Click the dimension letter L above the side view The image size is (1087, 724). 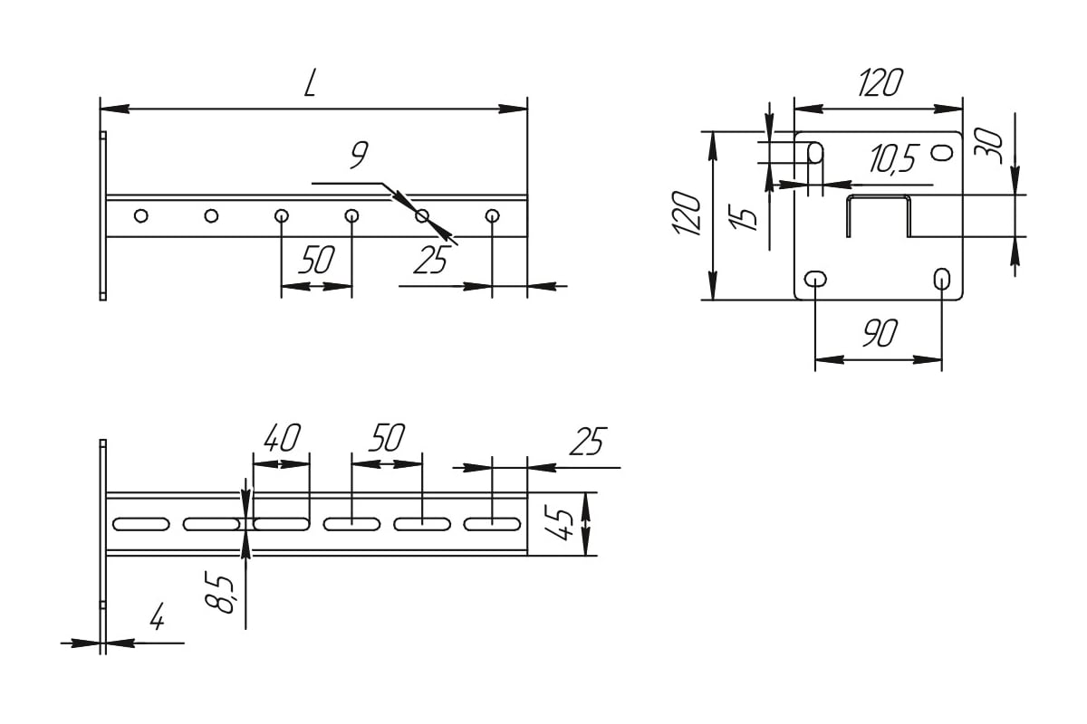point(311,84)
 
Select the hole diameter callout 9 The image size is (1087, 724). point(359,157)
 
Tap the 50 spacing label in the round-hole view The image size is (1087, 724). point(316,261)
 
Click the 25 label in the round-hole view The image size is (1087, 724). point(430,261)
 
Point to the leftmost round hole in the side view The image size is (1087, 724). point(140,215)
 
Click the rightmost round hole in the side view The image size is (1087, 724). point(493,215)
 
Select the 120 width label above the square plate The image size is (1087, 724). point(880,84)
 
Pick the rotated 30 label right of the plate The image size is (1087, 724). point(990,145)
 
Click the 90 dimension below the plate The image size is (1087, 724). point(879,334)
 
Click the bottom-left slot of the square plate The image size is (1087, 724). point(816,279)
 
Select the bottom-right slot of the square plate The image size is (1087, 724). point(942,279)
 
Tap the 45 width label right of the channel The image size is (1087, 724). point(563,523)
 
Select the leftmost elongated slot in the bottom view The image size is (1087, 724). point(140,523)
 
